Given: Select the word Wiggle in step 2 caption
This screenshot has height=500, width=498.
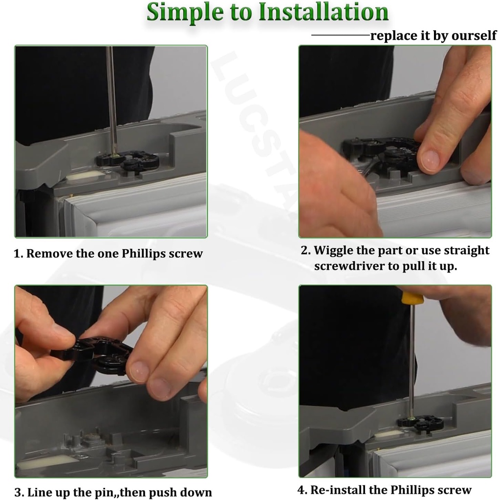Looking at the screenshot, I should [333, 250].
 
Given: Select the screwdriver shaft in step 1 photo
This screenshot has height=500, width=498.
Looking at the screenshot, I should [111, 98].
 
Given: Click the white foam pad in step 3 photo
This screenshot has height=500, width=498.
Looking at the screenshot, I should [47, 461].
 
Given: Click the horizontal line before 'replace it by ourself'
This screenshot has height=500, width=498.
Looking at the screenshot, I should [340, 36].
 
